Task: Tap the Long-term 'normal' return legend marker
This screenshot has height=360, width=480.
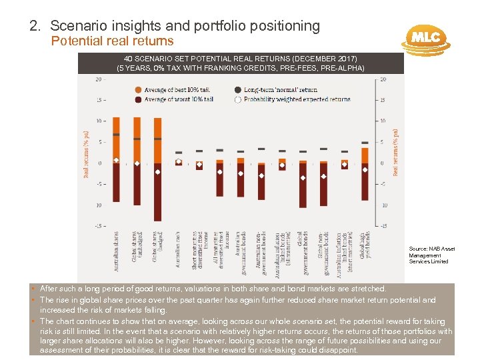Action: (x=238, y=89)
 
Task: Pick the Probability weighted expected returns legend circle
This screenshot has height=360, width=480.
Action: (x=238, y=99)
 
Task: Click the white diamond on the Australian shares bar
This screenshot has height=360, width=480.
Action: (x=116, y=160)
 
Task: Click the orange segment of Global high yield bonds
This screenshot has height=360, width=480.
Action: (x=365, y=155)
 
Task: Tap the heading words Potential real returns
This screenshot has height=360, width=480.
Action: (x=113, y=41)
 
